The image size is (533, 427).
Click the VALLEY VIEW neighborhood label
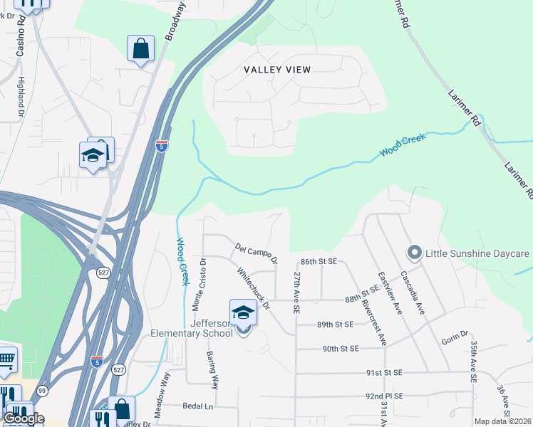coord(277,69)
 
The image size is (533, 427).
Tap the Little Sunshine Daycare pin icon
coord(414,253)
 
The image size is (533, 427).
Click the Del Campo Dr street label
coord(256,253)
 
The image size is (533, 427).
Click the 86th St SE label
coord(318,262)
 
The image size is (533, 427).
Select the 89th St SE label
coord(335,325)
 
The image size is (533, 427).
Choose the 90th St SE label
coord(339,349)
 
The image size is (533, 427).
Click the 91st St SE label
coord(385,372)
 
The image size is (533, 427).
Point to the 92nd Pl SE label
coord(385,396)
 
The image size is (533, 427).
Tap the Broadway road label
coord(175,20)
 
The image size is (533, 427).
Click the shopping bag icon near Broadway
coord(141,49)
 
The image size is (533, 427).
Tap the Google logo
coord(24,418)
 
